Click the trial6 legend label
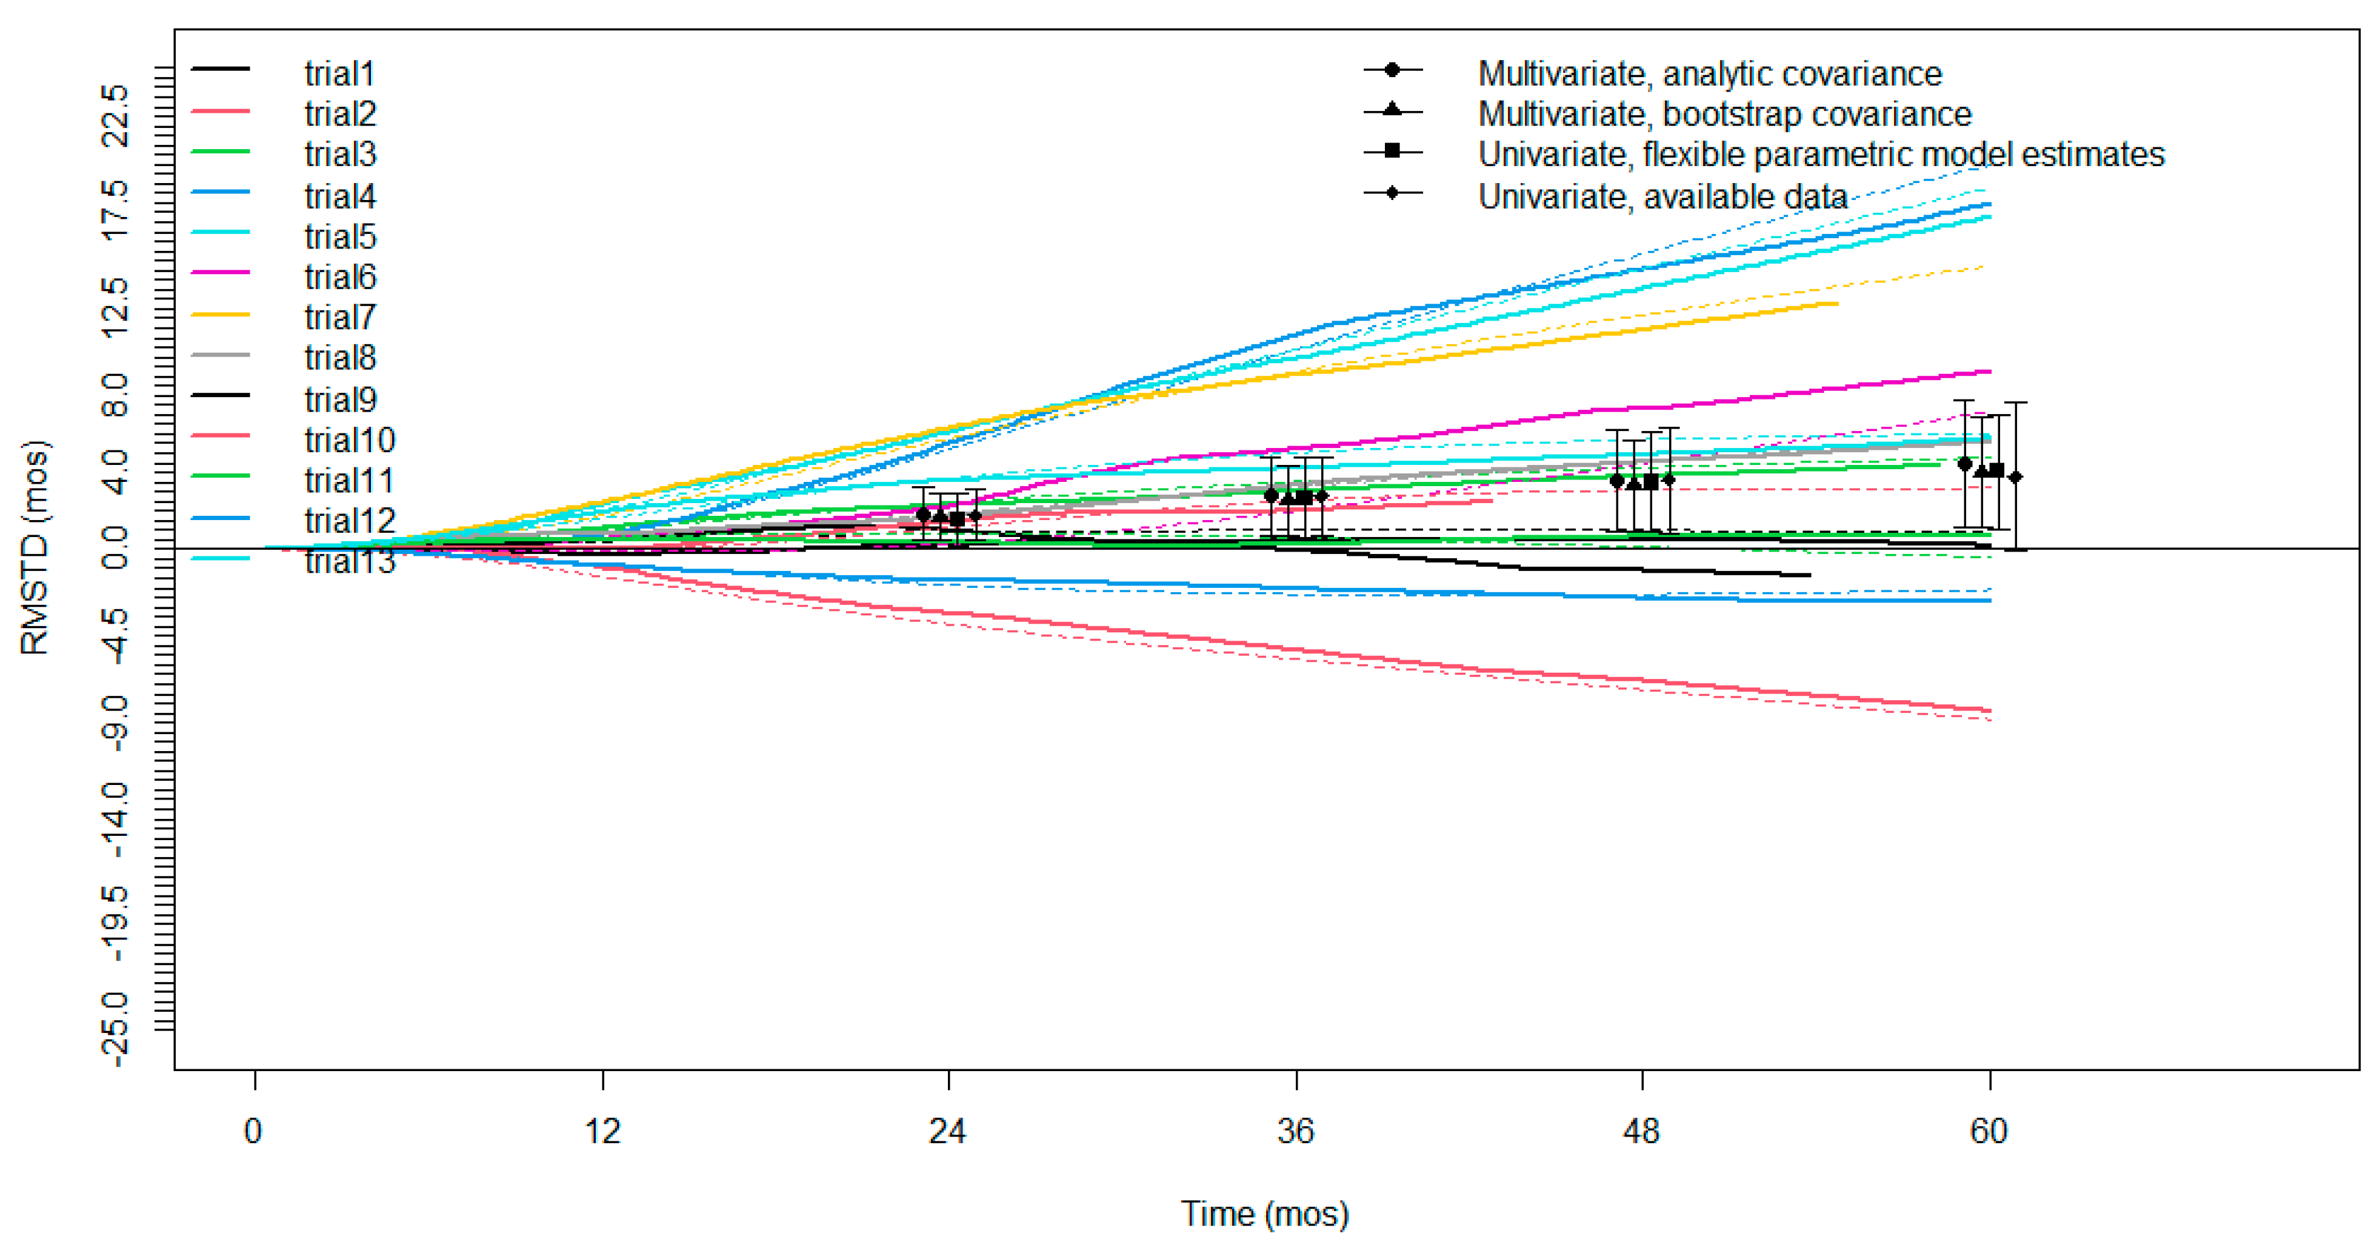[x=340, y=276]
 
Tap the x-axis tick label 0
[x=253, y=1131]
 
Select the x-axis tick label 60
[x=1988, y=1131]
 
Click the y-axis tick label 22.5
[x=116, y=115]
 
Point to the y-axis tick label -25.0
[x=116, y=1030]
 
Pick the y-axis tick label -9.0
[x=116, y=722]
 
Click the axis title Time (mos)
[x=1264, y=1213]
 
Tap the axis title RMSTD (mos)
[x=35, y=549]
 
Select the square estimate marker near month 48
[x=1650, y=481]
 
